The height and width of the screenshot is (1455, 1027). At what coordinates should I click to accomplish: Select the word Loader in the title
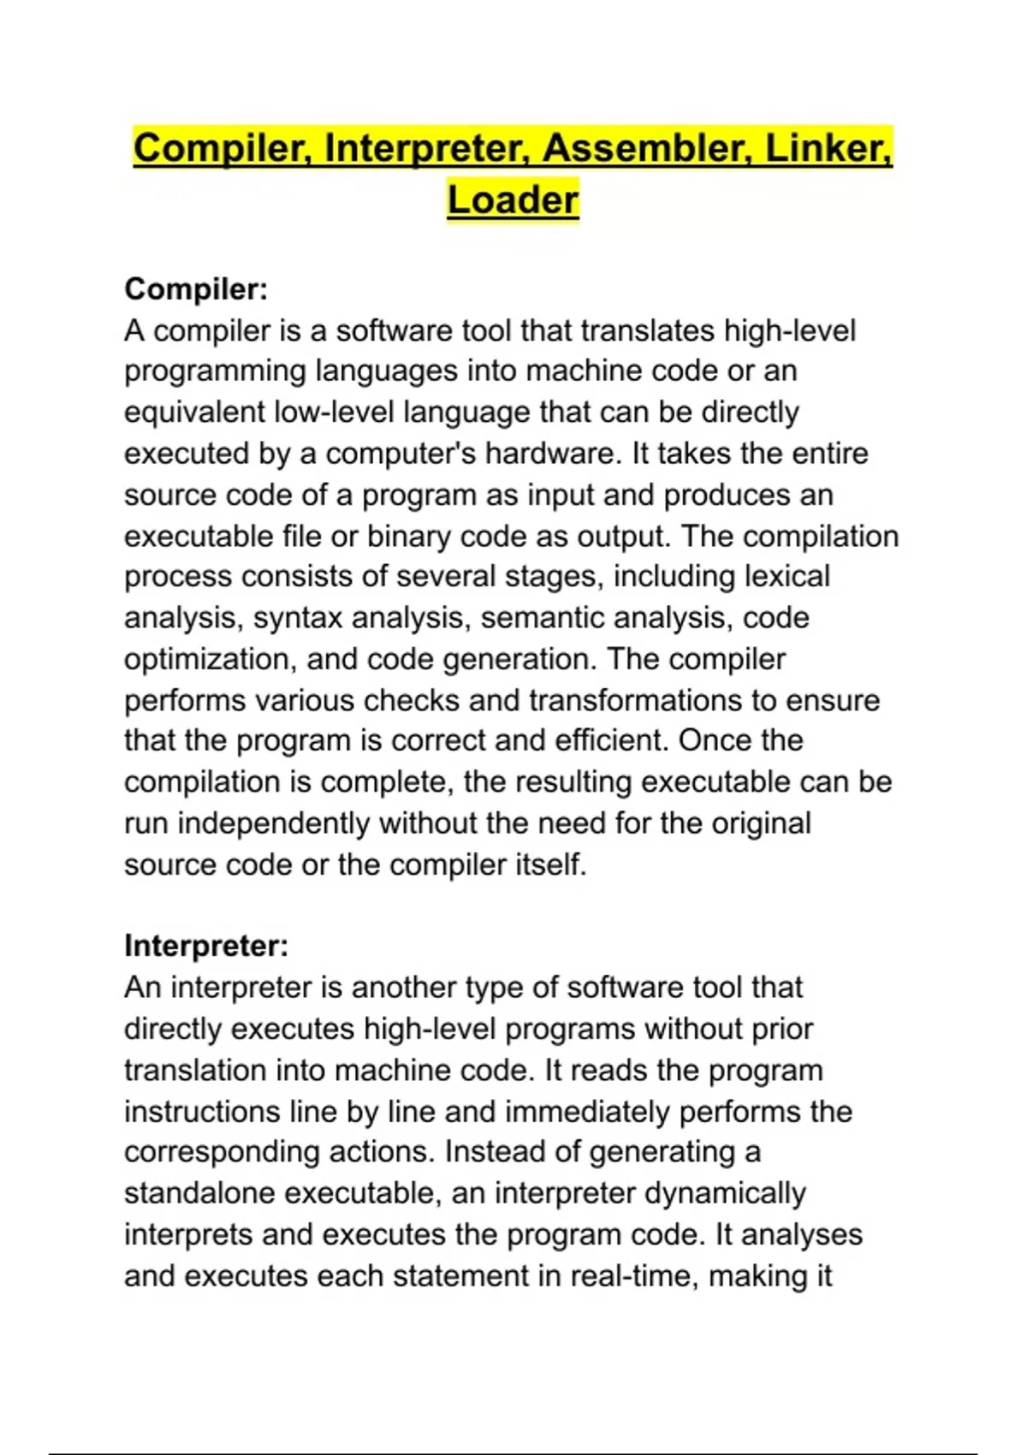click(x=513, y=200)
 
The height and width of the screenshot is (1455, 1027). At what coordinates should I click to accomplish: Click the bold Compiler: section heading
click(x=196, y=289)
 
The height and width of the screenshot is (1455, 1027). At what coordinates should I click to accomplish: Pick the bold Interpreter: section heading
click(x=206, y=946)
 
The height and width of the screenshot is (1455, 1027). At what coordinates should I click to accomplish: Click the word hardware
click(x=550, y=454)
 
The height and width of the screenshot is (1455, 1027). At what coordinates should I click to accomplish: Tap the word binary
click(x=409, y=537)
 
